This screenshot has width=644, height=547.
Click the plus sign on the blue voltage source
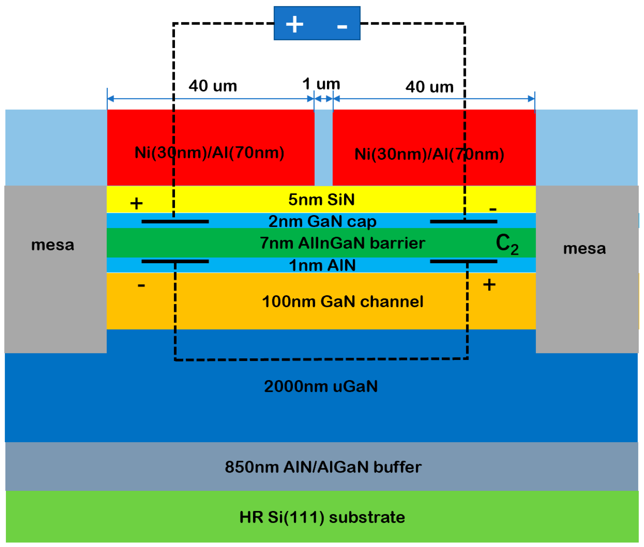coord(294,24)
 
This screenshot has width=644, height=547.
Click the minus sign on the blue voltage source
coord(342,27)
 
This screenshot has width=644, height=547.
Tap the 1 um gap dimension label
coord(321,84)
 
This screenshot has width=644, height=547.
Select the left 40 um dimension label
coord(213,86)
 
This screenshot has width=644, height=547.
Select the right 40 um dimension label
coord(429,87)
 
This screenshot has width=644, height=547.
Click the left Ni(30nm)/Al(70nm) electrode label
coord(209,153)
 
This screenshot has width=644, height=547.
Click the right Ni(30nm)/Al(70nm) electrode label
coord(429,154)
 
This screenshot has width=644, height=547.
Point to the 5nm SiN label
coord(321,200)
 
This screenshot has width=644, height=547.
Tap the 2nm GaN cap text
coord(322,222)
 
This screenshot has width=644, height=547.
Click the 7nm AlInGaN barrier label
coord(342,243)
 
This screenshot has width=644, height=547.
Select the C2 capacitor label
coord(507,244)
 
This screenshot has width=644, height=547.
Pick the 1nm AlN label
coord(322,265)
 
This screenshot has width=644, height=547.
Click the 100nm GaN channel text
coord(342,302)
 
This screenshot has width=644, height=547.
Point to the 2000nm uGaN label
coord(321,387)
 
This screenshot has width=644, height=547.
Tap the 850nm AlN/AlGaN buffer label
coord(323,467)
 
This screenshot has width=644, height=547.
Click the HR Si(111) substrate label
coord(322,517)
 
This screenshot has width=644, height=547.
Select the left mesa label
coord(53,245)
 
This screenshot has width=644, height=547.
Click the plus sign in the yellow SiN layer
coord(136,204)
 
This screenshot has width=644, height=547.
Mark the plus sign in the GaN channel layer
coord(489,285)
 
